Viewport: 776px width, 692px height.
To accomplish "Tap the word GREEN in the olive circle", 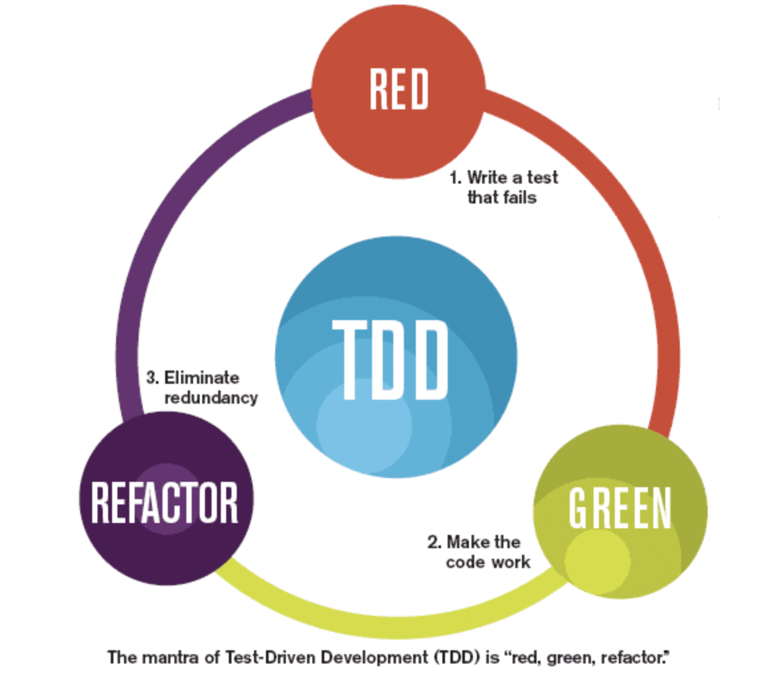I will [x=620, y=508].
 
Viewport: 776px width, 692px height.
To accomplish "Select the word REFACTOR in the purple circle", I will [x=164, y=502].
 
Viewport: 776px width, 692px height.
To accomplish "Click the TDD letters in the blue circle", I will [x=391, y=360].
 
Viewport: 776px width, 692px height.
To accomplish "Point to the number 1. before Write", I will [x=455, y=178].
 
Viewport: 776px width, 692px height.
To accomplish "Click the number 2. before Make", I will [x=434, y=542].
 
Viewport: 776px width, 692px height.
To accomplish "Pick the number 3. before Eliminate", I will [x=153, y=378].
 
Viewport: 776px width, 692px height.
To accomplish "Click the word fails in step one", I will [x=521, y=198].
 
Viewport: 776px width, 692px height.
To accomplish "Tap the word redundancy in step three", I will [x=211, y=398].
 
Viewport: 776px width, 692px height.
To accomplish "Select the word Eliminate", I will [x=202, y=378].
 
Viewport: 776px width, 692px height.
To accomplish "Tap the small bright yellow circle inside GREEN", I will [x=597, y=560].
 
